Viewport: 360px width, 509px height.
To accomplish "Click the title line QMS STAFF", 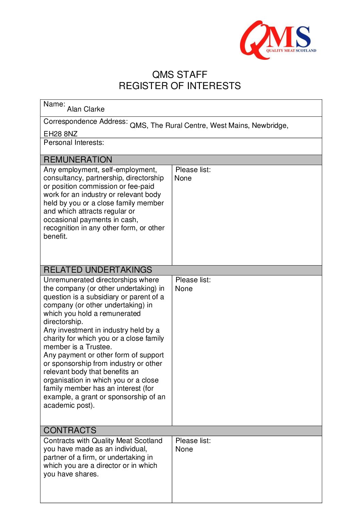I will (x=179, y=75).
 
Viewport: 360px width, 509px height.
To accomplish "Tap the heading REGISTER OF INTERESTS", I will (x=179, y=86).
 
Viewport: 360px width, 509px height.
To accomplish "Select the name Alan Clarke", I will (x=86, y=109).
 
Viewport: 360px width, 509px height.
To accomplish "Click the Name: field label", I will (x=54, y=104).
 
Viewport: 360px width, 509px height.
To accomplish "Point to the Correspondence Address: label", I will (x=85, y=121).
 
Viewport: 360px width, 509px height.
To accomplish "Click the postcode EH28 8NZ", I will (x=61, y=134).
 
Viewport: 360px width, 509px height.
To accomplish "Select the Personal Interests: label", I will (x=74, y=142).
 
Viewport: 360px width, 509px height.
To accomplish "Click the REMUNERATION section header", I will (x=78, y=160).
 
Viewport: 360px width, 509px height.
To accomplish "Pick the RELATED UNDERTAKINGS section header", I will (x=98, y=270).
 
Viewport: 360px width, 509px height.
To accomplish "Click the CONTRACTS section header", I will (x=70, y=430).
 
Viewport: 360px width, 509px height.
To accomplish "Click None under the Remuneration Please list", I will (x=183, y=178).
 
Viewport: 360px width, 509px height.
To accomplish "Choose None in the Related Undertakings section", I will (x=184, y=289).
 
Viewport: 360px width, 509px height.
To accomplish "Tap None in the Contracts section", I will (x=184, y=449).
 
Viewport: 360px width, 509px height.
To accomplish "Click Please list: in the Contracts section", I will (x=193, y=441).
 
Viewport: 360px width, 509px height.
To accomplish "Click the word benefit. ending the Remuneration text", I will (x=55, y=236).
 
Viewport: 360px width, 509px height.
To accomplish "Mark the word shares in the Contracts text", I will (x=88, y=474).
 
